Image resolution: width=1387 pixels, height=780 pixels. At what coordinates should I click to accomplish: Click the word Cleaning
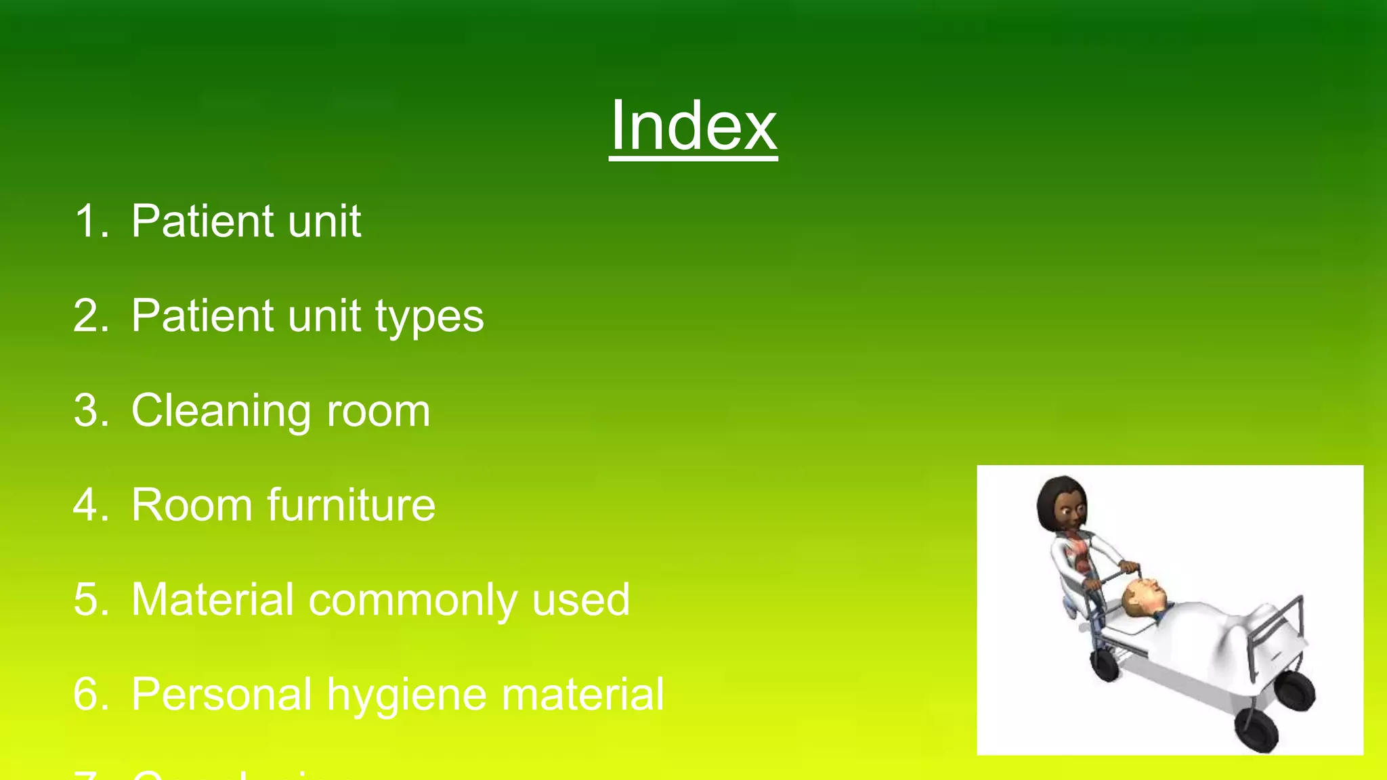point(221,412)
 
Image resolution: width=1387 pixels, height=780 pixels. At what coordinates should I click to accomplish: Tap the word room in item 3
point(378,412)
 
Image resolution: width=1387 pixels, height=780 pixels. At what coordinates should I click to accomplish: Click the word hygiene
point(406,696)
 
